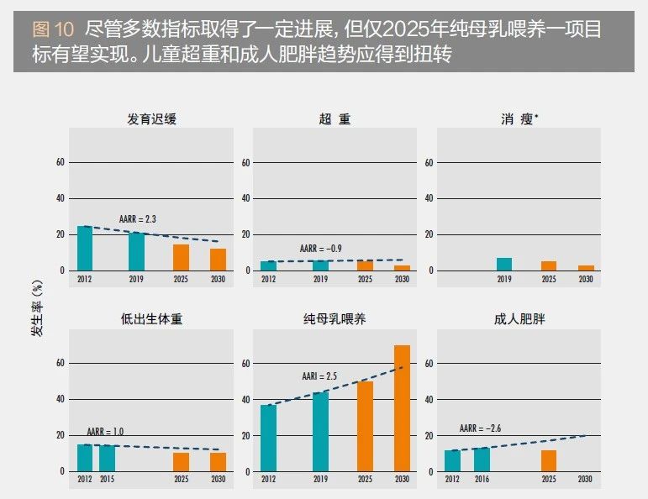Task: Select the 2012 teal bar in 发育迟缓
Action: click(x=85, y=248)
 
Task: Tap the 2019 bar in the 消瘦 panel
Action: click(x=503, y=264)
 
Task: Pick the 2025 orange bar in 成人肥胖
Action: click(x=549, y=460)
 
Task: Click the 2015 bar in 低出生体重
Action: click(x=107, y=458)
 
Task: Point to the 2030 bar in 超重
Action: click(x=402, y=268)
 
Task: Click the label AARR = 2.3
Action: click(x=139, y=218)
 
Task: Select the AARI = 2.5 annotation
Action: click(x=319, y=376)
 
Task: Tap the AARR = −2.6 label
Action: click(x=482, y=428)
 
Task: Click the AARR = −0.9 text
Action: click(x=321, y=249)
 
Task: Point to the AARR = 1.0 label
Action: click(x=105, y=431)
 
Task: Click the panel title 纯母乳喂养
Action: click(x=334, y=320)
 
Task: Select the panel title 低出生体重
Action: click(x=151, y=320)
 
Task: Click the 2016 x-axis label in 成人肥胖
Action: click(x=481, y=479)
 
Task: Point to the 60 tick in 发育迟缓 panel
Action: click(x=60, y=162)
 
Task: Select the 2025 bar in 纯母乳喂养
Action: click(x=365, y=426)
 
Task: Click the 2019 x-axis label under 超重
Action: click(x=320, y=278)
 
